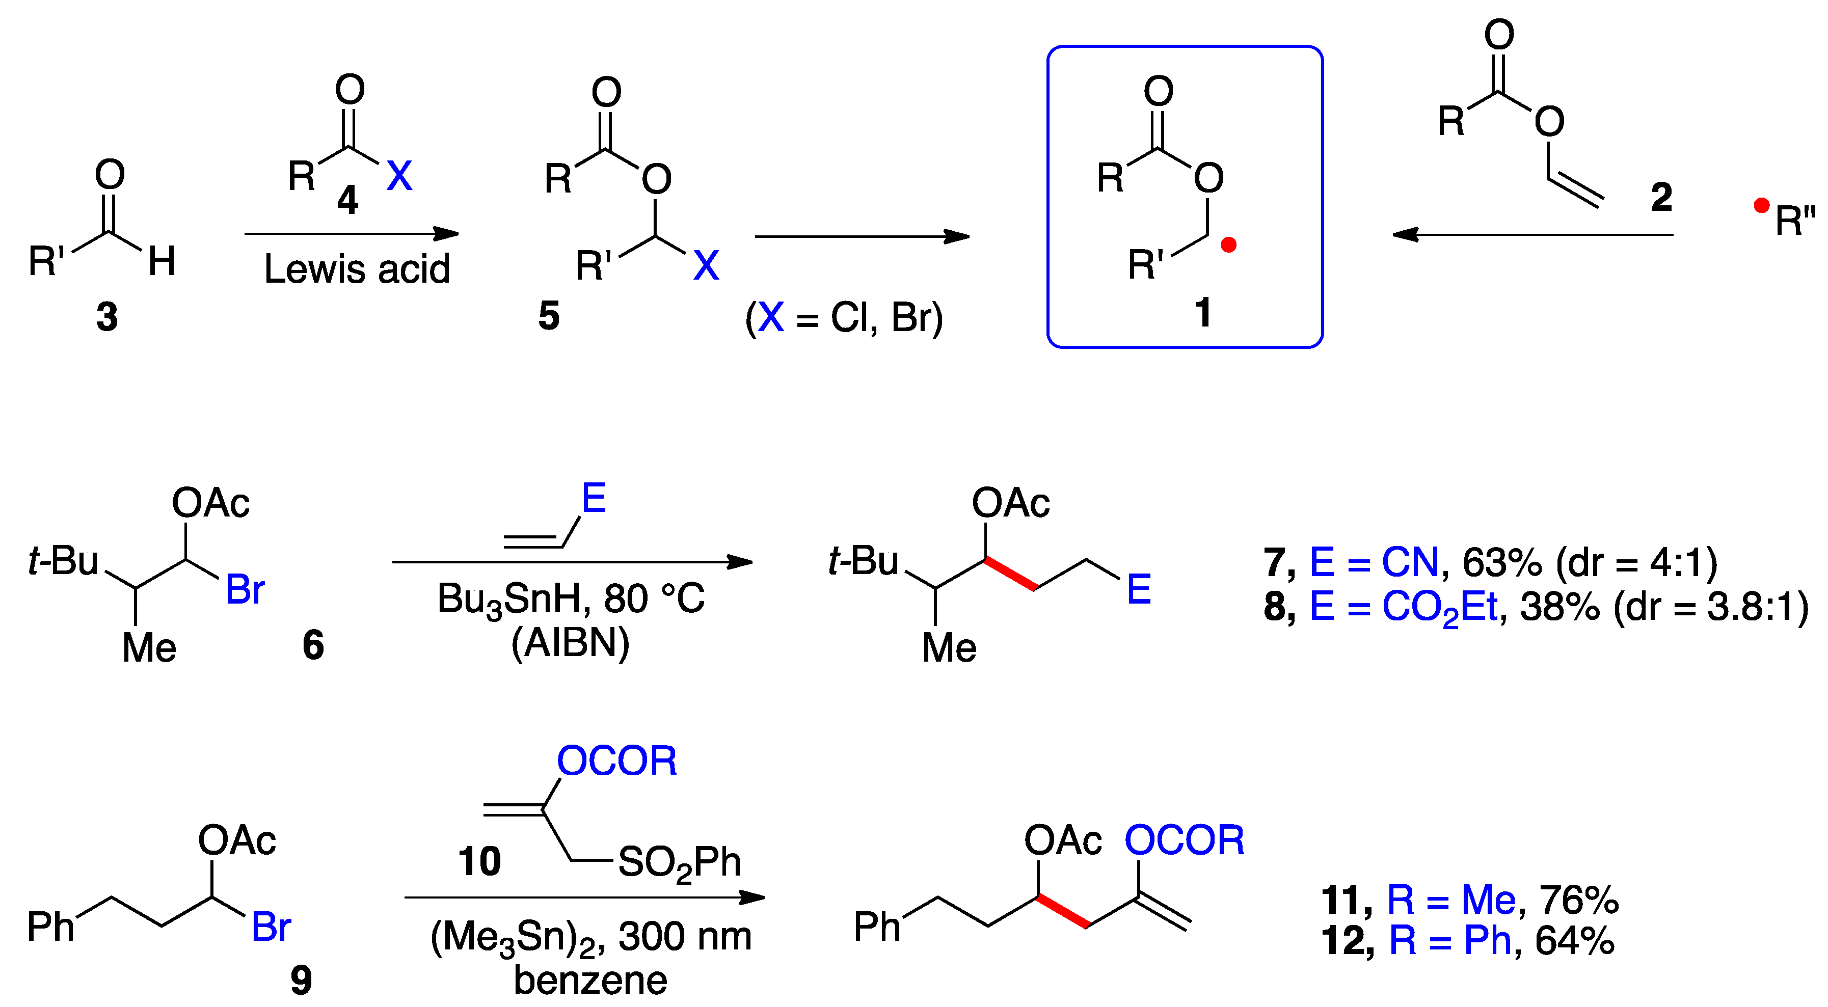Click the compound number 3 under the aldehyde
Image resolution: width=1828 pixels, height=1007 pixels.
[x=107, y=316]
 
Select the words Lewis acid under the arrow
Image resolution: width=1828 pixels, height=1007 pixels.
[x=357, y=269]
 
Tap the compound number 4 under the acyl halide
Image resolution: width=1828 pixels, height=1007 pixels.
[x=347, y=199]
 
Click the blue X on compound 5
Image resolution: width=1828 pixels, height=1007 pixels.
[x=706, y=265]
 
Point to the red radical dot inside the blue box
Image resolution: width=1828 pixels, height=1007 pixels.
[x=1228, y=246]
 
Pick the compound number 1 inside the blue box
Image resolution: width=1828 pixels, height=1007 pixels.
[x=1203, y=312]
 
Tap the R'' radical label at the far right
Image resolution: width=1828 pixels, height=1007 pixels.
[x=1793, y=220]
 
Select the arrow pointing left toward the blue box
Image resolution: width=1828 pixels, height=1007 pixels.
[x=1533, y=234]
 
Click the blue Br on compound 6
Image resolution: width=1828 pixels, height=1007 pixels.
[x=245, y=590]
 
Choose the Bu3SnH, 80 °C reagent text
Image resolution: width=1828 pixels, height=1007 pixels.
[x=571, y=598]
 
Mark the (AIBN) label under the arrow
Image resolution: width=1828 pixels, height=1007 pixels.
[x=571, y=643]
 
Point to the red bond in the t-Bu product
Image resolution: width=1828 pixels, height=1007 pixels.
[x=1010, y=574]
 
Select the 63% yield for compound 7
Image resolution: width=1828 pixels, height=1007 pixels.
[x=1501, y=563]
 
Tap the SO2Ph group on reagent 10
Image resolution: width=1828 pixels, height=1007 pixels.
[x=679, y=863]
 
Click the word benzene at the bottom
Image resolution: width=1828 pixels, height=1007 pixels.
[x=590, y=981]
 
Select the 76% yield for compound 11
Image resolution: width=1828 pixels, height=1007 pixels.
[x=1579, y=900]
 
